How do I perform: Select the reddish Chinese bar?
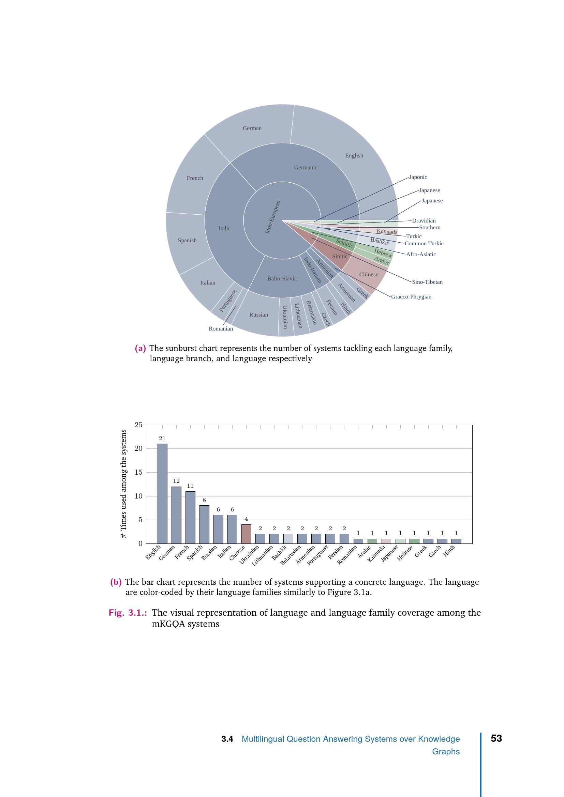pos(246,534)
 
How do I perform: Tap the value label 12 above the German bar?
pos(176,481)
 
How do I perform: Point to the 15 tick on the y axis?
pos(138,472)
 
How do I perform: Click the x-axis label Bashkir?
pos(279,552)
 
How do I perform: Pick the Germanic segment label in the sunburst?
pos(306,167)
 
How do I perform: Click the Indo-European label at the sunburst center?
pos(273,217)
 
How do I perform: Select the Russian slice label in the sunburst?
pos(258,315)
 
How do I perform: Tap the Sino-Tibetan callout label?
pos(427,282)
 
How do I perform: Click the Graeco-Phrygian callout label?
pos(411,296)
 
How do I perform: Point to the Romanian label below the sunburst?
pos(221,329)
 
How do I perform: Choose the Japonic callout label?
pos(418,177)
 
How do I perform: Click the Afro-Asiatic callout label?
pos(421,255)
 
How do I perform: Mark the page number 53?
pos(496,738)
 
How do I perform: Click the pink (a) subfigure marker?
pos(140,348)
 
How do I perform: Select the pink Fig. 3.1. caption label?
pos(128,613)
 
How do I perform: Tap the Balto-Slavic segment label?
pos(282,278)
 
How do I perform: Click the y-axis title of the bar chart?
pos(123,484)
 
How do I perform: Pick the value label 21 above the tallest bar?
pos(162,439)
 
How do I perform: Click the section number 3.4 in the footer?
pos(227,739)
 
